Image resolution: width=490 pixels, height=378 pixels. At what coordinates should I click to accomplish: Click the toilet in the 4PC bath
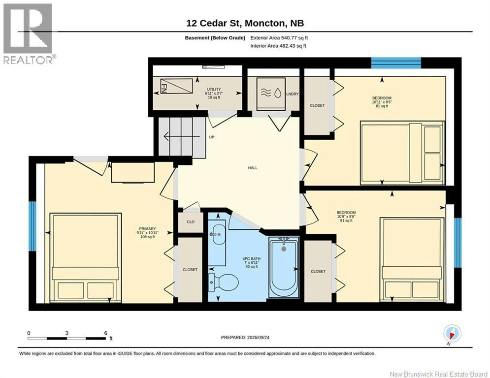[224, 283]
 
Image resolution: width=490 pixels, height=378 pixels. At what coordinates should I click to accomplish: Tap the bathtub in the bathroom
[284, 267]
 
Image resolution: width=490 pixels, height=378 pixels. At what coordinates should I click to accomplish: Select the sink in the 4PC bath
[217, 235]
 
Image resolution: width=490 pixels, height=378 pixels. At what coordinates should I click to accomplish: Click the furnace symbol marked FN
[176, 86]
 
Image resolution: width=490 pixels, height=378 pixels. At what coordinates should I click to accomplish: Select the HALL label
[253, 168]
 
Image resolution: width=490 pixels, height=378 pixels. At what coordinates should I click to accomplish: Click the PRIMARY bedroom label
[148, 229]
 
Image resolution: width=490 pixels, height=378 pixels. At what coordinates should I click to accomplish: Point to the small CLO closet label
[191, 222]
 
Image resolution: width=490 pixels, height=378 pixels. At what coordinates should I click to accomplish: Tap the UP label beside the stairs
[212, 137]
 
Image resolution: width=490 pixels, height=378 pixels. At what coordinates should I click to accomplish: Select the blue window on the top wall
[396, 63]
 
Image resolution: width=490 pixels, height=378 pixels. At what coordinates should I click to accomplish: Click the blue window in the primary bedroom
[33, 226]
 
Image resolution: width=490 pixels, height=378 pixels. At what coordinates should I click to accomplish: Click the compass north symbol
[452, 333]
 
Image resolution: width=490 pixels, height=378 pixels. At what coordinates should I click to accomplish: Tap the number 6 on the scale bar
[105, 333]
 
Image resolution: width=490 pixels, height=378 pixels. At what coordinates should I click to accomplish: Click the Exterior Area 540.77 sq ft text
[279, 38]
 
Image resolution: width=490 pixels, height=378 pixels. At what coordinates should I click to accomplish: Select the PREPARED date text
[245, 337]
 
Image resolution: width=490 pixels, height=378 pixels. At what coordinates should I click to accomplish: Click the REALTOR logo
[28, 33]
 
